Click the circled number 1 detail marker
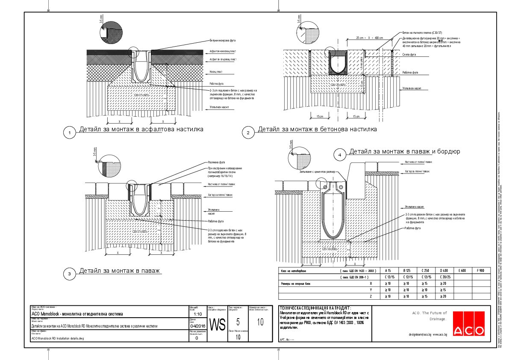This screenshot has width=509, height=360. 69,133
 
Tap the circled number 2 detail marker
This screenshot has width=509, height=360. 248,133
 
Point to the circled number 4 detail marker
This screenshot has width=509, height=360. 340,155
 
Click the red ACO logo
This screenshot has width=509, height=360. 469,324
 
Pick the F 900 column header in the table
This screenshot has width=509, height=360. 481,271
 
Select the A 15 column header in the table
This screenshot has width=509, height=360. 388,271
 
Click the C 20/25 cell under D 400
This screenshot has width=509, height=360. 443,277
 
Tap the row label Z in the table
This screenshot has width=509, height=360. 371,296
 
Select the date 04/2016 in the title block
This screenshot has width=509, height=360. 197,326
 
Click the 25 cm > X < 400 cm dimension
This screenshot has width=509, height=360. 370,38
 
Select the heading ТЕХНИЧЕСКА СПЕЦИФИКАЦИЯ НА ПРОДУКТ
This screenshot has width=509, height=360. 315,308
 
